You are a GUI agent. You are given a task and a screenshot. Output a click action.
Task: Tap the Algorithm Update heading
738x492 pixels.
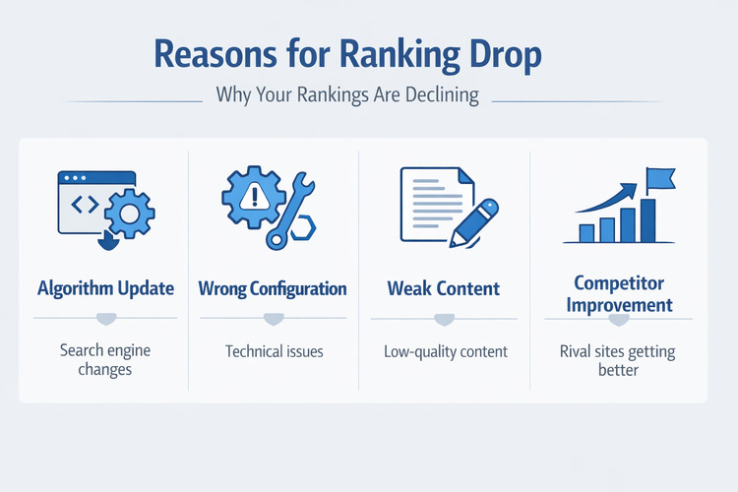105,289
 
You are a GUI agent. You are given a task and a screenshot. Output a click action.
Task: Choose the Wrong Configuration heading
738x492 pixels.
273,289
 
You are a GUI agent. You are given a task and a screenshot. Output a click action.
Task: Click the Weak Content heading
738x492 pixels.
443,289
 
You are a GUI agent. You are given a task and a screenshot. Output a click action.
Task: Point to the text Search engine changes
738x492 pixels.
105,360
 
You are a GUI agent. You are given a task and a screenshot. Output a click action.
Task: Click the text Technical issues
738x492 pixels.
273,351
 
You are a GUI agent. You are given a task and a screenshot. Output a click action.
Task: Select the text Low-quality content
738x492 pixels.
445,351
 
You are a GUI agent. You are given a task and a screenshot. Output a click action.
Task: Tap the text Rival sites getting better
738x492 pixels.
619,360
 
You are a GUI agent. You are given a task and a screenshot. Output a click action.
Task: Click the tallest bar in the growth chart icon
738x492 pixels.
647,219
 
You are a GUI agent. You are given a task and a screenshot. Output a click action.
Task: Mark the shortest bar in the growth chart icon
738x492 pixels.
586,232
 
